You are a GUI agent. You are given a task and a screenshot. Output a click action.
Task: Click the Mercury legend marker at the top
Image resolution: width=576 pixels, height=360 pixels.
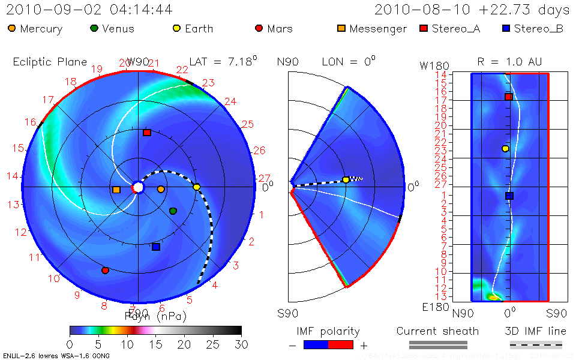tap(13, 28)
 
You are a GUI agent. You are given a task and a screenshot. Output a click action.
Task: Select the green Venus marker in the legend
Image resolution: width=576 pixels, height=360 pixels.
tap(94, 28)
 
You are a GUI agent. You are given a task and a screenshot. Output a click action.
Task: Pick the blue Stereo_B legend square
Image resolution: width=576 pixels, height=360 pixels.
tap(507, 28)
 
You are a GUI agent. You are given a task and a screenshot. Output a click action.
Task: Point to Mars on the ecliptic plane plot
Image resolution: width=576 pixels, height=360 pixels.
tap(105, 271)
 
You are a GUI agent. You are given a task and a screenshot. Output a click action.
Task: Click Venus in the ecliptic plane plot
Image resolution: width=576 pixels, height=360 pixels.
tap(173, 211)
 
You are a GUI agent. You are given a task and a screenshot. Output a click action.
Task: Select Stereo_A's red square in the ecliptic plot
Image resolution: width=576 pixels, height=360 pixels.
tap(146, 133)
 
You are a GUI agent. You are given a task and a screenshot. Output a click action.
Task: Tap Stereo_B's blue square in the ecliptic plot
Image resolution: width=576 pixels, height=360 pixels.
tap(156, 247)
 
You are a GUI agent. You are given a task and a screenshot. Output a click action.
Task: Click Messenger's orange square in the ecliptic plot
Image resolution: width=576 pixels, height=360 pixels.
tap(116, 190)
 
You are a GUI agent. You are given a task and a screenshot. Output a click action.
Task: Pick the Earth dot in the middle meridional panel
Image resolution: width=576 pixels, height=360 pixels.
tap(346, 179)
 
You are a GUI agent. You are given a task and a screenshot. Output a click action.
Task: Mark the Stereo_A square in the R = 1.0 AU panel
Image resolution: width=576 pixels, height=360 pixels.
tap(508, 97)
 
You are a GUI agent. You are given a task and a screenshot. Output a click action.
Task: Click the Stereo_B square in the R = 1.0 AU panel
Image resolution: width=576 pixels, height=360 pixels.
tap(509, 196)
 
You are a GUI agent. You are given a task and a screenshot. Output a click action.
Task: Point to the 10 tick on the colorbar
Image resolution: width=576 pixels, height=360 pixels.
tap(127, 344)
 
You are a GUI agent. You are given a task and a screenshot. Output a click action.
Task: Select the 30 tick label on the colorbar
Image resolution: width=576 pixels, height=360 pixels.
tap(241, 344)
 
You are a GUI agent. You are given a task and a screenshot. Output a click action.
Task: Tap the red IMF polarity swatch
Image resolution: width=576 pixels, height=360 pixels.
tap(341, 344)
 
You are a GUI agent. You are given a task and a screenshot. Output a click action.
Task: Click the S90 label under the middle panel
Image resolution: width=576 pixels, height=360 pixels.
tap(287, 313)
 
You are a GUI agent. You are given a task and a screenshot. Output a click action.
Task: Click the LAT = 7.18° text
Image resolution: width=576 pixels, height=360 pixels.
tap(223, 61)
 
